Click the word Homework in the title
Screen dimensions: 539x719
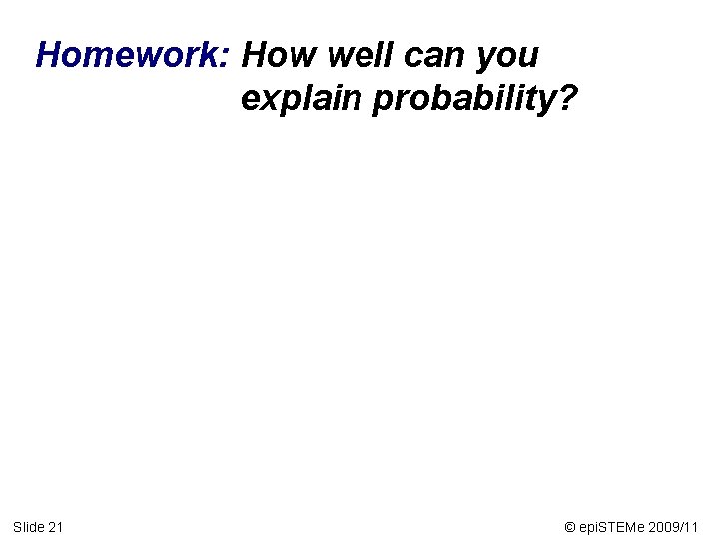coord(129,56)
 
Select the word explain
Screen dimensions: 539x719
coord(302,100)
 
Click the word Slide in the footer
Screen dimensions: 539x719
coord(28,526)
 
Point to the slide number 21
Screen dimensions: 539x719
coord(56,526)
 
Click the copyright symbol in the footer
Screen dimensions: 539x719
coord(569,526)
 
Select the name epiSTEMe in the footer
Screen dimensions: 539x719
coord(612,526)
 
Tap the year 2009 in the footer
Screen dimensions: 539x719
coord(665,526)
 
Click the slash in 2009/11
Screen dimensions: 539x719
coord(684,526)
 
